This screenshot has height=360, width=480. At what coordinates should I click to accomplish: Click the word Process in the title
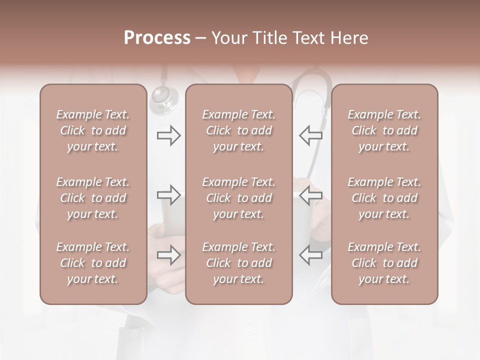[x=157, y=38]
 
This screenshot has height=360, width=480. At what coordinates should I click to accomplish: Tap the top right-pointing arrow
[x=169, y=135]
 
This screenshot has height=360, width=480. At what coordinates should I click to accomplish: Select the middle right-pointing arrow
[x=169, y=195]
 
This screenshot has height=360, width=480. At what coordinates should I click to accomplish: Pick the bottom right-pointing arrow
[x=169, y=255]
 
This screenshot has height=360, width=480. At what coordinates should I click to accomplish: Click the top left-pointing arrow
[x=310, y=135]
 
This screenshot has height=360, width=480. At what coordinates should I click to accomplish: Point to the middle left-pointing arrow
[x=310, y=195]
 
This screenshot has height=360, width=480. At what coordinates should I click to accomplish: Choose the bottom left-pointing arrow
[x=310, y=255]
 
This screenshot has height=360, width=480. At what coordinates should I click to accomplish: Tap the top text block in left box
[x=93, y=130]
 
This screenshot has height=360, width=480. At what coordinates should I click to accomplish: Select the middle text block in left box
[x=93, y=198]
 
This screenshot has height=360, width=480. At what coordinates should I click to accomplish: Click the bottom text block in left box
[x=93, y=263]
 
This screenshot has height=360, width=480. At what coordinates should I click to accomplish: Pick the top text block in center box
[x=238, y=130]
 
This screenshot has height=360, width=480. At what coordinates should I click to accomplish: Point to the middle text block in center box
[x=238, y=198]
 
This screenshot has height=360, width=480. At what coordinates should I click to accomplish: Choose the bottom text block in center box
[x=238, y=263]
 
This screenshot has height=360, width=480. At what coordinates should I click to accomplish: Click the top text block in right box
[x=384, y=130]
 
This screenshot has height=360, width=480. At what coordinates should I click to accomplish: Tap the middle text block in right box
[x=384, y=198]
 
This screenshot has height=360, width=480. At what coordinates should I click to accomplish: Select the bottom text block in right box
[x=384, y=263]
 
